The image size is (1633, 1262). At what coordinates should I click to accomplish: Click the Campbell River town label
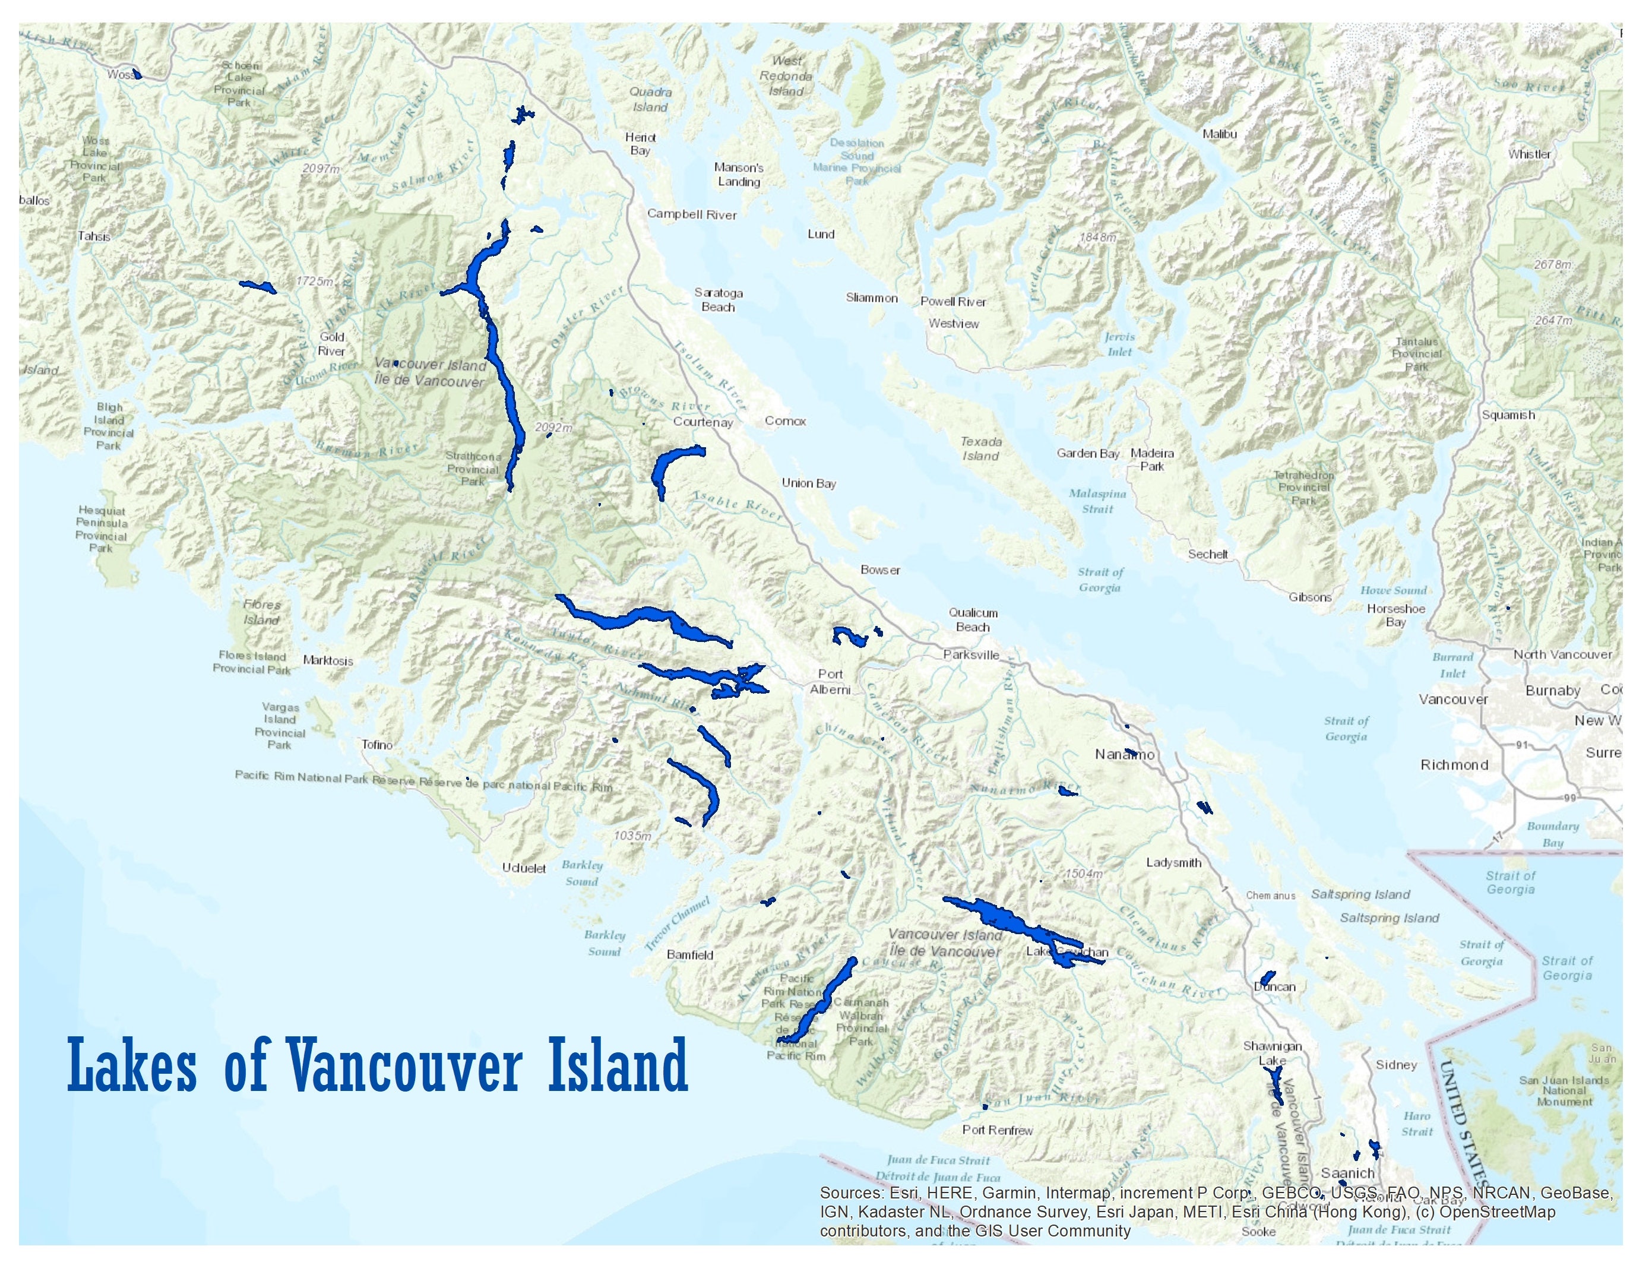(x=692, y=214)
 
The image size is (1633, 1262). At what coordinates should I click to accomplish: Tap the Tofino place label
(x=377, y=745)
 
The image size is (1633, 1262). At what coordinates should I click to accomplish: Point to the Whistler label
(x=1529, y=154)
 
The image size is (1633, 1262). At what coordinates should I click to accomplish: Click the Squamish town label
(x=1508, y=415)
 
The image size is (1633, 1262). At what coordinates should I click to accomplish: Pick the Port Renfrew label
(x=998, y=1130)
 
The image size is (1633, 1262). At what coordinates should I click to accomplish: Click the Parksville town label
(x=970, y=655)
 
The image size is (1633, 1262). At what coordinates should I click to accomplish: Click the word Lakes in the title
(x=132, y=1066)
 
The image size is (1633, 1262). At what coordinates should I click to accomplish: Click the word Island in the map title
(x=618, y=1066)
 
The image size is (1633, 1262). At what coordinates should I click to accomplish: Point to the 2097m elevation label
(x=321, y=169)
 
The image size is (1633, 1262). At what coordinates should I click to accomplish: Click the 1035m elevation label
(x=632, y=835)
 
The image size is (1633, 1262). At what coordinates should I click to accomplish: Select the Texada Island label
(x=981, y=448)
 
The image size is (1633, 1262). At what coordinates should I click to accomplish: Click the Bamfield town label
(x=689, y=955)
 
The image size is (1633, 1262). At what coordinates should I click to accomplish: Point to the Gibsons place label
(x=1310, y=597)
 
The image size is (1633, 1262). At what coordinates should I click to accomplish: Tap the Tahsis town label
(x=94, y=236)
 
